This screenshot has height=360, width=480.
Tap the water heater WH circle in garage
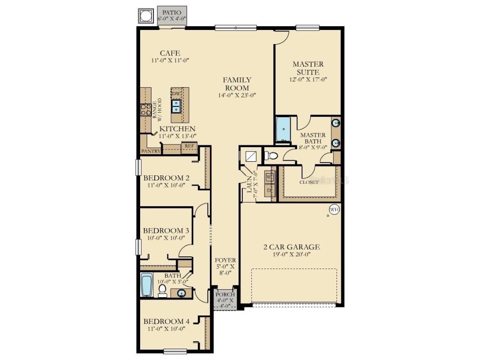pos(334,209)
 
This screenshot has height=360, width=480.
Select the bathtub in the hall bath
pos(146,285)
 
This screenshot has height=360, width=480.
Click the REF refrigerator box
pos(189,146)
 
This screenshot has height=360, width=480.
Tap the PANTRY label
pos(150,151)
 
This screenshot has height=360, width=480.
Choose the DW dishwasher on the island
pos(176,94)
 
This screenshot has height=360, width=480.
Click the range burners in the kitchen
pos(145,110)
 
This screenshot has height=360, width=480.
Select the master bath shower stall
pos(284,129)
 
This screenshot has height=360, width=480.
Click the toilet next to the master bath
pos(271,156)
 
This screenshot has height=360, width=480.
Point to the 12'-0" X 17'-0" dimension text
pos(308,80)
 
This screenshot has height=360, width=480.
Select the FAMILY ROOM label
pos(237,84)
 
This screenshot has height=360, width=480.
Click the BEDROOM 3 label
pos(166,231)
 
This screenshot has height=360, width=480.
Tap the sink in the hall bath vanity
pos(181,293)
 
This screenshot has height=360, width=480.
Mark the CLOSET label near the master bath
pos(309,182)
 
